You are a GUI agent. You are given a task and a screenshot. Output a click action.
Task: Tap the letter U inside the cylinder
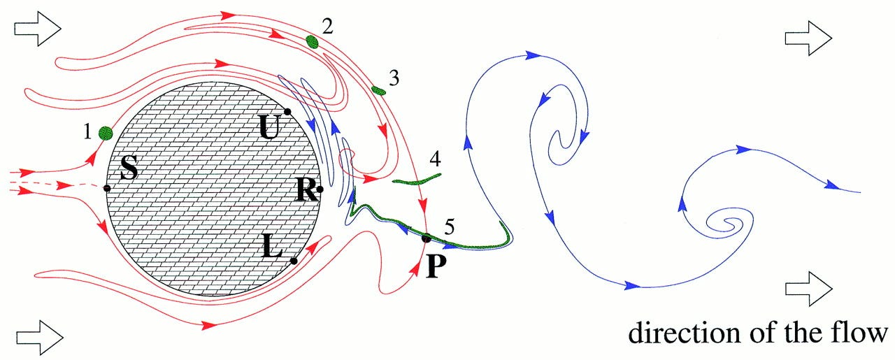[x=268, y=127]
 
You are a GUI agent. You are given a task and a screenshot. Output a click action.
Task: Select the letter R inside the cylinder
[x=306, y=191]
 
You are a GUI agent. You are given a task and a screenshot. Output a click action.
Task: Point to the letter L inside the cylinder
[x=273, y=247]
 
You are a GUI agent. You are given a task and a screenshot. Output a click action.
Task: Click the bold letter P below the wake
[x=436, y=265]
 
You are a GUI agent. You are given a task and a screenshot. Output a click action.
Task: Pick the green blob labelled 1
[x=106, y=133]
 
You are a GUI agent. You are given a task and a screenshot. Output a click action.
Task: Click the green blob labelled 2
[x=313, y=42]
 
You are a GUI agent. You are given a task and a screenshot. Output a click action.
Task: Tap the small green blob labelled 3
[x=378, y=90]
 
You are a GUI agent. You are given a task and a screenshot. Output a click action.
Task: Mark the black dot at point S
[x=107, y=189]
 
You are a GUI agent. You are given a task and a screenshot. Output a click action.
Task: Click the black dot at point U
[x=287, y=112]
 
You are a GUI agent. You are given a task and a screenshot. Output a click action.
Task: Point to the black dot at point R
[x=320, y=189]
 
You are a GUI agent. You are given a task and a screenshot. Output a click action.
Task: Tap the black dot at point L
[x=294, y=261]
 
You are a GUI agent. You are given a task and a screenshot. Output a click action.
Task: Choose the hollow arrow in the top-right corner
[x=808, y=34]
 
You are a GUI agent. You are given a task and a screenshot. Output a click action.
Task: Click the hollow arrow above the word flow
[x=808, y=287]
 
